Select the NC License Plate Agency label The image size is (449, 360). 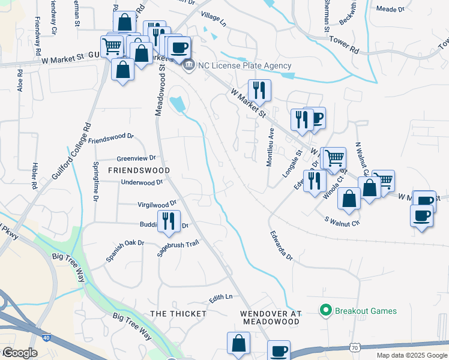(x=246, y=65)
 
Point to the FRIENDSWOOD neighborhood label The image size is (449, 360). (x=134, y=170)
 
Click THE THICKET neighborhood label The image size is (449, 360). (x=178, y=314)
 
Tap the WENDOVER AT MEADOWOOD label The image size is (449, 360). (x=270, y=317)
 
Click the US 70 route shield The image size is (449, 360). (x=355, y=347)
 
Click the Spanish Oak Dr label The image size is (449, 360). (x=125, y=251)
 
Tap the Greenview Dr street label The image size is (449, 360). (x=136, y=158)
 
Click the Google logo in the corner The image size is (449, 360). (x=20, y=352)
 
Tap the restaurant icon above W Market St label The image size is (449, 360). (x=259, y=90)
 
